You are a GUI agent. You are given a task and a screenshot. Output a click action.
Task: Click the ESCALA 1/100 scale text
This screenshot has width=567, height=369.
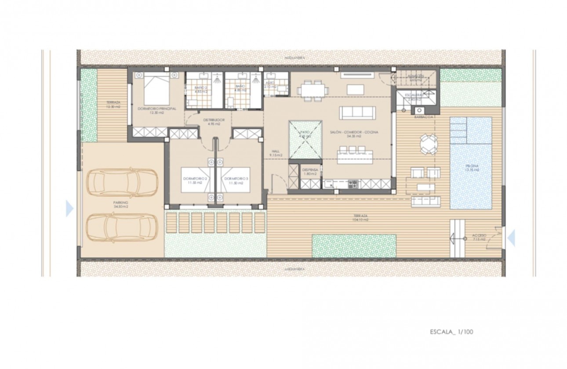(451, 332)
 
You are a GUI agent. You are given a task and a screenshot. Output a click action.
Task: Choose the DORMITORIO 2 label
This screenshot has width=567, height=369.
(195, 181)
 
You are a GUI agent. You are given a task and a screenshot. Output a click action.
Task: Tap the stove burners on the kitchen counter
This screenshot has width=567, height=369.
(353, 184)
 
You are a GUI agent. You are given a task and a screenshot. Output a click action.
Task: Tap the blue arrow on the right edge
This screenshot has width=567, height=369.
(511, 237)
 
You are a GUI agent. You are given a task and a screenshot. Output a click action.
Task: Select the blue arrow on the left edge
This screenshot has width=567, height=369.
(69, 208)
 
